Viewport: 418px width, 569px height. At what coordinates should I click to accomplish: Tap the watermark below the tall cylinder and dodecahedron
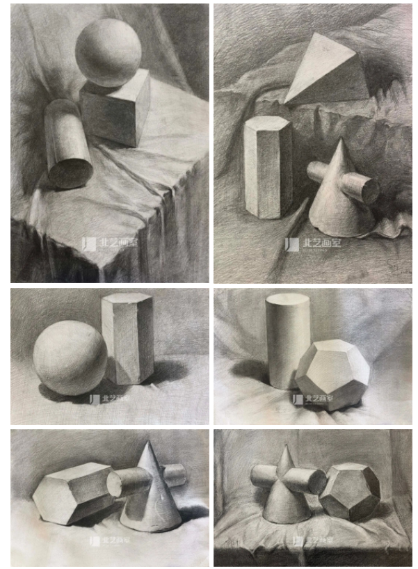[307, 399]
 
